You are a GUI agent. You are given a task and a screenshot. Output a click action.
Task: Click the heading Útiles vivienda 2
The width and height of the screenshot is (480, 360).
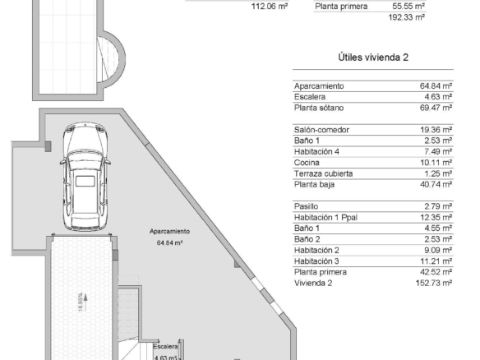[x=373, y=58]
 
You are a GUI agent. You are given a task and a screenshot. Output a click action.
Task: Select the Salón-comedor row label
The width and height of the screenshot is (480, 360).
[x=321, y=130]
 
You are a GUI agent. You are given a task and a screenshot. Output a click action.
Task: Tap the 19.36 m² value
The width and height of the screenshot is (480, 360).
[x=436, y=130]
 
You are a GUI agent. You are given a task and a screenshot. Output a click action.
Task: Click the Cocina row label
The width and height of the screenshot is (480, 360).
[x=307, y=163]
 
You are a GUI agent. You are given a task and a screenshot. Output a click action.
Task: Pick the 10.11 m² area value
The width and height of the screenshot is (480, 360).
[x=436, y=163]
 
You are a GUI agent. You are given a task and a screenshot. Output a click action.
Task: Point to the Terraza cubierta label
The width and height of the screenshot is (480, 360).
[x=323, y=173]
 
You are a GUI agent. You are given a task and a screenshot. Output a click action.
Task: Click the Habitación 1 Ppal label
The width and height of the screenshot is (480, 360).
[x=325, y=217]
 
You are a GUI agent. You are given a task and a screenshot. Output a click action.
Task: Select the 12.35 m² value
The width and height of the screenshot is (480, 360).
[x=436, y=217]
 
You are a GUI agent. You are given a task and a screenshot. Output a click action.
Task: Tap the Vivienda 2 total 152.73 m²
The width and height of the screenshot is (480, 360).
[x=434, y=283]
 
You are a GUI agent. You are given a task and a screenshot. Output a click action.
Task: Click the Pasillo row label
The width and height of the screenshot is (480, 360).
[x=306, y=206]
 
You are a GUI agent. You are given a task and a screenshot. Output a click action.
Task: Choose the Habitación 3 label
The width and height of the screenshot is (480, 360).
[x=316, y=261]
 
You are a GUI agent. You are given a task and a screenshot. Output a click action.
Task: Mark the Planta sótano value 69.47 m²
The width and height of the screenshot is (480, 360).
[x=436, y=108]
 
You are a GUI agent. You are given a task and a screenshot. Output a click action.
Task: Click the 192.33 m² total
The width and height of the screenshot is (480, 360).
[x=407, y=17]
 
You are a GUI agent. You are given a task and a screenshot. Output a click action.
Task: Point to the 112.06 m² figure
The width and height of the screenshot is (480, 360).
[x=270, y=7]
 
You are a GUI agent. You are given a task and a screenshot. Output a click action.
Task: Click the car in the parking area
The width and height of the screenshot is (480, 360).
[x=85, y=177]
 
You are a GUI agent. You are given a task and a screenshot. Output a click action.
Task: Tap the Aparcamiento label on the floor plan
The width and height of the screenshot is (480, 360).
[x=169, y=232]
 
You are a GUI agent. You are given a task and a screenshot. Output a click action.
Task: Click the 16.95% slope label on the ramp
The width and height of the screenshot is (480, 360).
[x=81, y=302]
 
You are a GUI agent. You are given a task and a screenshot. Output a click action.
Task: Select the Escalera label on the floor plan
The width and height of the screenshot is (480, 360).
[x=165, y=347]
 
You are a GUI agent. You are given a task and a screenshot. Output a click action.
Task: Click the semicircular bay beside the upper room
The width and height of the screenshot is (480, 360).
[x=121, y=59]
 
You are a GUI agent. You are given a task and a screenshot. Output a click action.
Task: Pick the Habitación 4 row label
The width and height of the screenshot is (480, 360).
[x=316, y=151]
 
